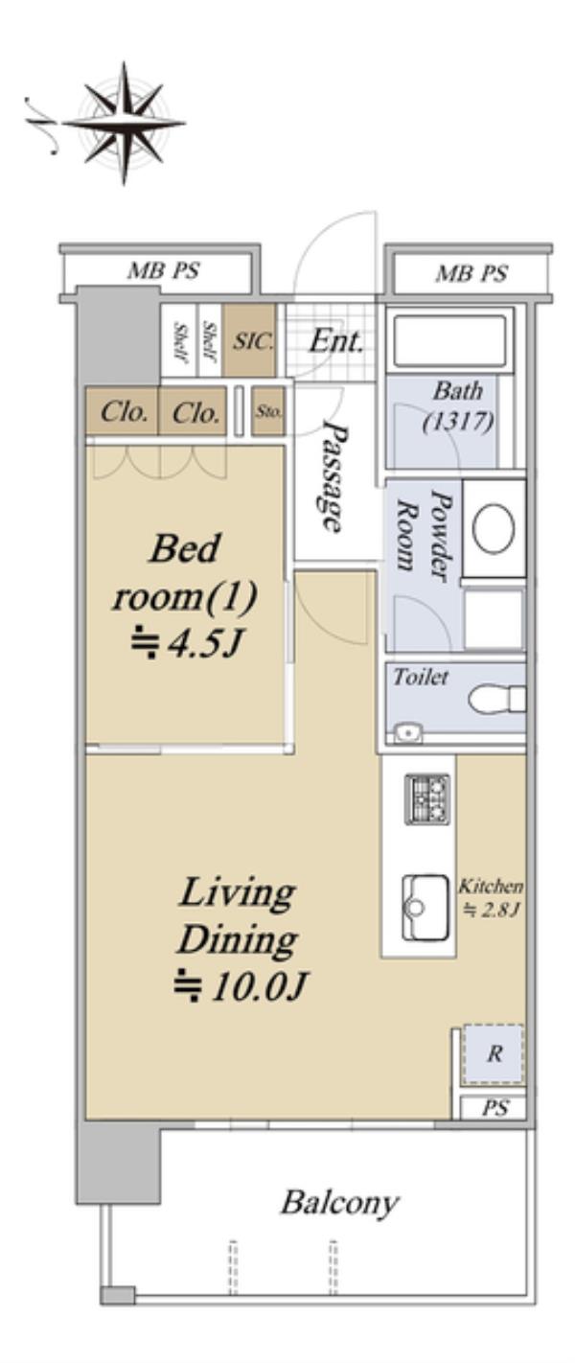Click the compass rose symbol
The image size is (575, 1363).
tap(125, 123)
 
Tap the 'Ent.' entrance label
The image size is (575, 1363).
tap(336, 341)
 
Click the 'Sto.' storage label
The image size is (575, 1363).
tap(268, 412)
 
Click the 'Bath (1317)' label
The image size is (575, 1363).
tap(458, 405)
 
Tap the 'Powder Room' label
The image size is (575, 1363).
tap(425, 534)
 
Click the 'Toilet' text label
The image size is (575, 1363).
tap(421, 677)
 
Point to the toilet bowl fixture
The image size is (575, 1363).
tap(496, 699)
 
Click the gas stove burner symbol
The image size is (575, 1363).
tap(427, 799)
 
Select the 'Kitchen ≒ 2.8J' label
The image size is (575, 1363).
tap(491, 897)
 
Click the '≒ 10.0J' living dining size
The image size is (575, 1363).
tap(241, 986)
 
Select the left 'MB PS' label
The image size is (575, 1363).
tap(163, 270)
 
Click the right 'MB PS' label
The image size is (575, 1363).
tap(471, 273)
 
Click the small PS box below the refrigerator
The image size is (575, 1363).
tap(494, 1108)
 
